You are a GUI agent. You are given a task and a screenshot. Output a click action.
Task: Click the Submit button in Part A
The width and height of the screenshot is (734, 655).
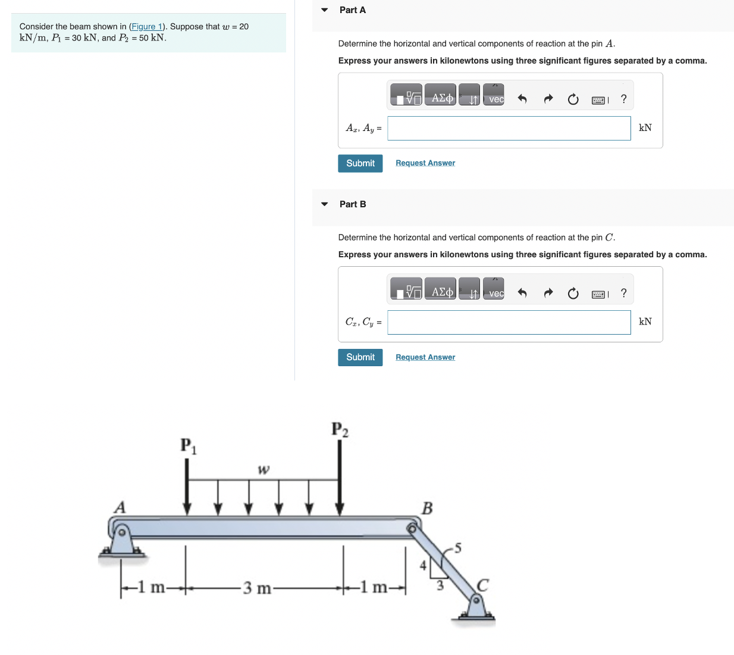click(360, 163)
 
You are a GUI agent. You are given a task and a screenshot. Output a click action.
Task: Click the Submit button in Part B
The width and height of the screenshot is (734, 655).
click(360, 357)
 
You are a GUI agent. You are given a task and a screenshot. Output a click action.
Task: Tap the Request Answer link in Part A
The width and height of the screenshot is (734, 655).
click(425, 163)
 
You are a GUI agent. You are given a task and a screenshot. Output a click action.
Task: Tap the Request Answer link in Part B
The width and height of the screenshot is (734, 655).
click(425, 357)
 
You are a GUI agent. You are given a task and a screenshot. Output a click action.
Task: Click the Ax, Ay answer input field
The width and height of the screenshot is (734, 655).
click(509, 128)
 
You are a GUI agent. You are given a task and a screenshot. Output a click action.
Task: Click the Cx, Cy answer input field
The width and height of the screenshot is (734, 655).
click(509, 322)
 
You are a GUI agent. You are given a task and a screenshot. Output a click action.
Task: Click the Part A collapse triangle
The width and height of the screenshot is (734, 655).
click(324, 10)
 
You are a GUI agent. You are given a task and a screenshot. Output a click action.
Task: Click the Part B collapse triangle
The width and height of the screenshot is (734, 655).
click(324, 204)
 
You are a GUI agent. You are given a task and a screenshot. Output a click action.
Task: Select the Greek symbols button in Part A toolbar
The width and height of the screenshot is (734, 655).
click(441, 98)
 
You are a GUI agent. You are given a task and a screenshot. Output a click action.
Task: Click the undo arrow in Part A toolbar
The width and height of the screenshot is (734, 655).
click(522, 99)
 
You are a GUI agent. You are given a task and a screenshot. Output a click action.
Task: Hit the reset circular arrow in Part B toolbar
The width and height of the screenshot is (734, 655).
click(573, 293)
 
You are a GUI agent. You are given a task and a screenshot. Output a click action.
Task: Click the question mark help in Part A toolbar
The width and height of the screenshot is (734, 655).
click(623, 99)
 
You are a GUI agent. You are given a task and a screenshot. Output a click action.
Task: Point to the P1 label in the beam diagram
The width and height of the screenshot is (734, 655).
click(188, 445)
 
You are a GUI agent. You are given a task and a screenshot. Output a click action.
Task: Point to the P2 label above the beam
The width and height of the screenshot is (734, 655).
click(340, 429)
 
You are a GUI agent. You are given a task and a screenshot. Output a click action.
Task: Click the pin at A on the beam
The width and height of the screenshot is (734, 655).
click(121, 531)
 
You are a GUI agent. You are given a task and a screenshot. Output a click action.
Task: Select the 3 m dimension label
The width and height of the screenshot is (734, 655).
click(257, 588)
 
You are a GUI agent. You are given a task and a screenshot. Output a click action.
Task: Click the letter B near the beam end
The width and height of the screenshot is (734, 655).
click(427, 508)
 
